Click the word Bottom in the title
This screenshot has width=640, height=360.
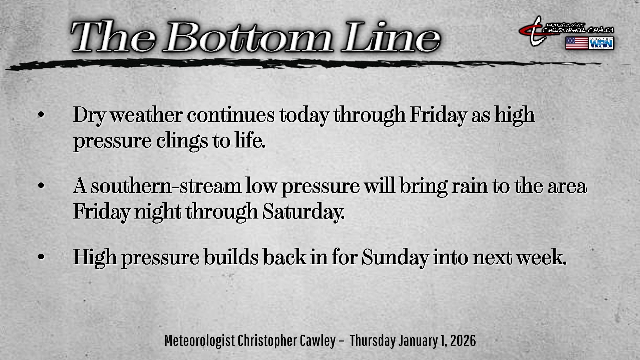pyautogui.click(x=248, y=37)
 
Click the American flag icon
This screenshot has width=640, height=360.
pyautogui.click(x=577, y=43)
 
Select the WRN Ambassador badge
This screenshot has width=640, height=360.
pyautogui.click(x=601, y=43)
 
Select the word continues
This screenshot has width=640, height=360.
pyautogui.click(x=231, y=115)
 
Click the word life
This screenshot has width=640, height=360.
pyautogui.click(x=250, y=140)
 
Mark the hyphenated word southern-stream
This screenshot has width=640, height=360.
pyautogui.click(x=166, y=186)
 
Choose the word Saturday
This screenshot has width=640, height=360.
pyautogui.click(x=303, y=212)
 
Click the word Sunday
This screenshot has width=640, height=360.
pyautogui.click(x=395, y=258)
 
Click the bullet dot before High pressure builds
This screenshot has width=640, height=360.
pyautogui.click(x=41, y=257)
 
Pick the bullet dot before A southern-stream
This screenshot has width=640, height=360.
pyautogui.click(x=41, y=186)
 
